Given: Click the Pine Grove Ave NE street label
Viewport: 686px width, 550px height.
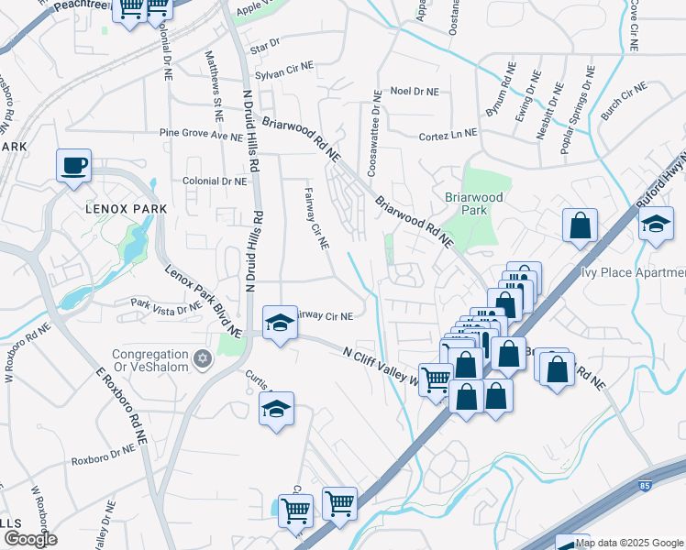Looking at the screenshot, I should click(205, 134).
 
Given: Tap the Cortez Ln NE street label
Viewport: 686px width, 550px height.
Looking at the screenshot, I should click(448, 134).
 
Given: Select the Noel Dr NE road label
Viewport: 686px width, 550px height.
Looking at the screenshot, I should click(415, 92).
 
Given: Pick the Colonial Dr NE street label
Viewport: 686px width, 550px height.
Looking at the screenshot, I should click(216, 181).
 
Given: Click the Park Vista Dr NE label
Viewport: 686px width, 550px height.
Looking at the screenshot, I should click(165, 305).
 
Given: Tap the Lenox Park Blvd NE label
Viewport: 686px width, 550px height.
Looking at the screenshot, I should click(204, 301).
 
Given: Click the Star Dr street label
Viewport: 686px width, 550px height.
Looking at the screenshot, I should click(263, 43).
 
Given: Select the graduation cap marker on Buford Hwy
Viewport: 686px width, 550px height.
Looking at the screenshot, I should click(656, 224).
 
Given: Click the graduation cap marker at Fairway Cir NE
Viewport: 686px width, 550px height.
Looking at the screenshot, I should click(281, 323).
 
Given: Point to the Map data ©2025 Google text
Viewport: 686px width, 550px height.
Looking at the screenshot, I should click(630, 543).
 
